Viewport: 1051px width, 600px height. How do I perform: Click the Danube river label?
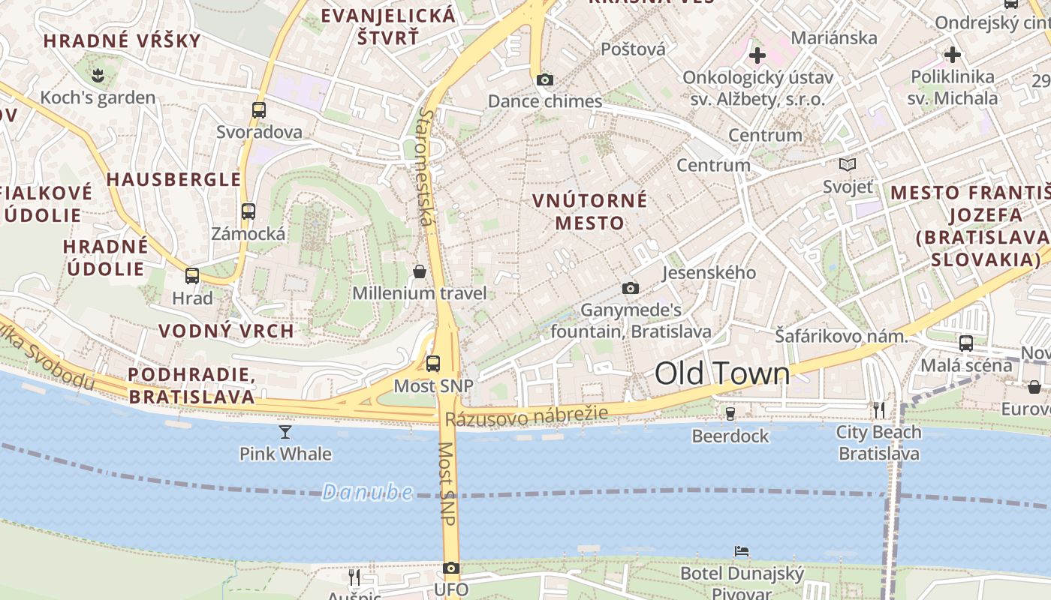[367, 492]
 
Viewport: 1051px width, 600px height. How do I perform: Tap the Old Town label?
[722, 373]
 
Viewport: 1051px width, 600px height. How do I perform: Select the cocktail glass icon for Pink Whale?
[285, 431]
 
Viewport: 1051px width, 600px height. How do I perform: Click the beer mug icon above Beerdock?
[730, 413]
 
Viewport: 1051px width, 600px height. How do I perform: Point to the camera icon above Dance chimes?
[545, 79]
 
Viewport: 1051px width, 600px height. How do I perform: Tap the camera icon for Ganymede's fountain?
[631, 288]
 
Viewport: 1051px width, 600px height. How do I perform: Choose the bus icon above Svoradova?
[259, 109]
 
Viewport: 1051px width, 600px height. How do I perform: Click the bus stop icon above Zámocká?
[248, 211]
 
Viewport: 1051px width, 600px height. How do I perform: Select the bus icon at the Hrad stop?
[192, 275]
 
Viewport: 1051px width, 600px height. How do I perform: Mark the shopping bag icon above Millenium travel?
[420, 271]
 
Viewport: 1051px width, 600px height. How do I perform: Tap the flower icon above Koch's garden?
[98, 74]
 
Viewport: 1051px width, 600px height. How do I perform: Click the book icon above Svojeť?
[848, 164]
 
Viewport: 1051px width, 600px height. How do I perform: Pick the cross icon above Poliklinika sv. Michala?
[953, 55]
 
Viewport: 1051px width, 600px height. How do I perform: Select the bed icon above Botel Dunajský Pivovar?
[742, 551]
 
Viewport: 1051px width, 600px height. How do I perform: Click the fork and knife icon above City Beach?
[879, 409]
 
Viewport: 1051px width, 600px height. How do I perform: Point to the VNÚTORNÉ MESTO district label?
[589, 211]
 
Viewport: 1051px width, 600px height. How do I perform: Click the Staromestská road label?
[426, 166]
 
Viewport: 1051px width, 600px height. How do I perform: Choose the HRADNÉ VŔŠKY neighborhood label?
[122, 40]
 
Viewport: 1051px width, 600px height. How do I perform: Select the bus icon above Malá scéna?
[966, 343]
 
